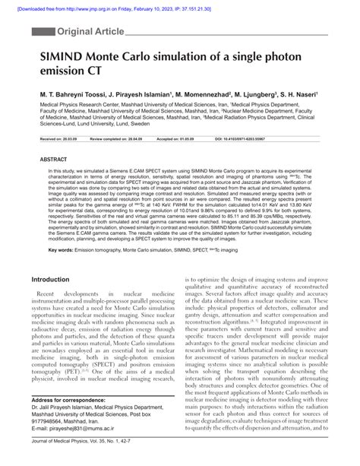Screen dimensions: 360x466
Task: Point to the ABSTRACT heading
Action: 53,160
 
